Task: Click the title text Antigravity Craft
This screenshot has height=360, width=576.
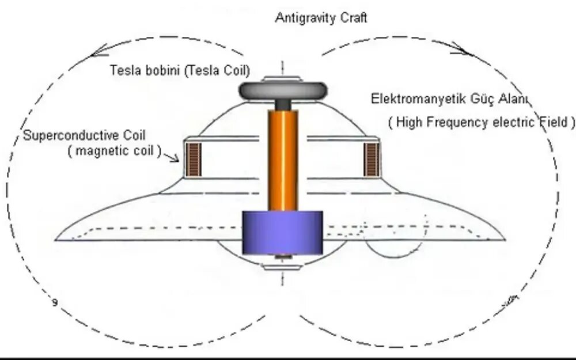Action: tap(321, 18)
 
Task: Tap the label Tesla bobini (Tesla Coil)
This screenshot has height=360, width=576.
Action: tap(180, 71)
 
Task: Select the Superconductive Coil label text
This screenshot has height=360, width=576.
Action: tap(85, 135)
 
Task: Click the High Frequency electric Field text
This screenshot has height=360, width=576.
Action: tap(482, 122)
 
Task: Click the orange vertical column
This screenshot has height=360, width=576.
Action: tap(283, 161)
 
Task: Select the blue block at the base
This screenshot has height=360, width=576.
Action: tap(282, 233)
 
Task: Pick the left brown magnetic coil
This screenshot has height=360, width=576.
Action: tap(194, 159)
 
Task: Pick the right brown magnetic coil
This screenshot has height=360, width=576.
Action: tap(372, 159)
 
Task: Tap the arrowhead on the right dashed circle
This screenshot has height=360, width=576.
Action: tap(464, 50)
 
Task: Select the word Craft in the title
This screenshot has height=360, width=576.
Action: tap(353, 18)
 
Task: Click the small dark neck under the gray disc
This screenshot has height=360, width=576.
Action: tap(283, 105)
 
